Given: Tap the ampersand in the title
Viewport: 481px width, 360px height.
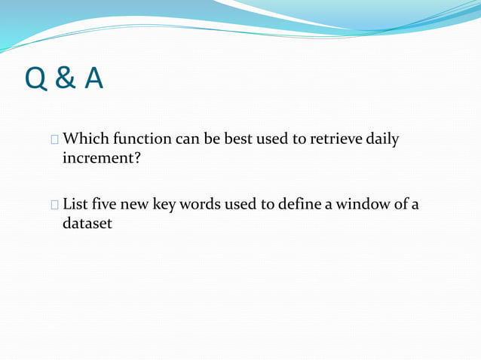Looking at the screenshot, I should [66, 78].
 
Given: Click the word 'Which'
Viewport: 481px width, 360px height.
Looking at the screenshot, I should [84, 139].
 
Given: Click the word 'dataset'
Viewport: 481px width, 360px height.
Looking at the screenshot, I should [86, 224].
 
